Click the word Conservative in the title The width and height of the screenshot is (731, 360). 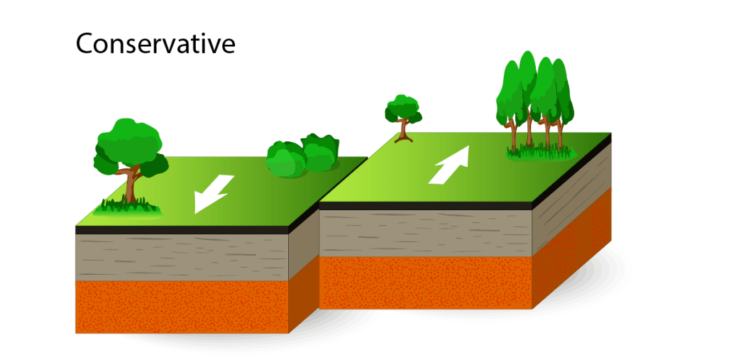[155, 44]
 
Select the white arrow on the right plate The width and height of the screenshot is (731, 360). [450, 165]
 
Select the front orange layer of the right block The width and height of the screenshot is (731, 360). [426, 283]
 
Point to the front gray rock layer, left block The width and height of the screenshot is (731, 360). [182, 257]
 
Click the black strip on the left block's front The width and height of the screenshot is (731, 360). [182, 230]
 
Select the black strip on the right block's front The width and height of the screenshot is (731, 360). [426, 205]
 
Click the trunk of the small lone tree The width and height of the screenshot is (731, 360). [405, 130]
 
